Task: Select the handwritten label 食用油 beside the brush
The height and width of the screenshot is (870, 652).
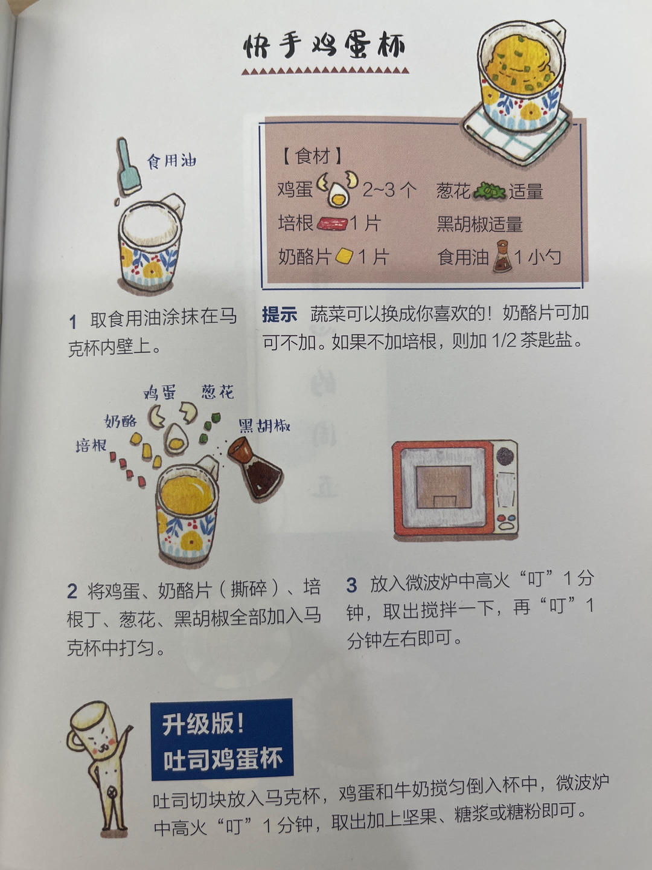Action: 172,161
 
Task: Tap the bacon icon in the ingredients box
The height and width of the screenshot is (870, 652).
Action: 331,224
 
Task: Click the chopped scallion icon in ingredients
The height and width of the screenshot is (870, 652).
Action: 488,192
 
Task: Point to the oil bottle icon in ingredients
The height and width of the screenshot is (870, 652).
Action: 502,257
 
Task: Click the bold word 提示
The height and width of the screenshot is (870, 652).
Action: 280,314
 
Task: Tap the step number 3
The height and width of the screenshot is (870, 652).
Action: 351,585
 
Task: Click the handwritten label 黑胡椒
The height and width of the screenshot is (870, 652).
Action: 264,426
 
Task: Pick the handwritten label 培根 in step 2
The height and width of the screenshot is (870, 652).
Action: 91,446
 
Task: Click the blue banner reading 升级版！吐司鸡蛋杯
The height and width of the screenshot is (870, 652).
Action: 222,740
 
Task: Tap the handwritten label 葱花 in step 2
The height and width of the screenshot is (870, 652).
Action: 217,392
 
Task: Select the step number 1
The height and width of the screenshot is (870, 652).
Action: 72,321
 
